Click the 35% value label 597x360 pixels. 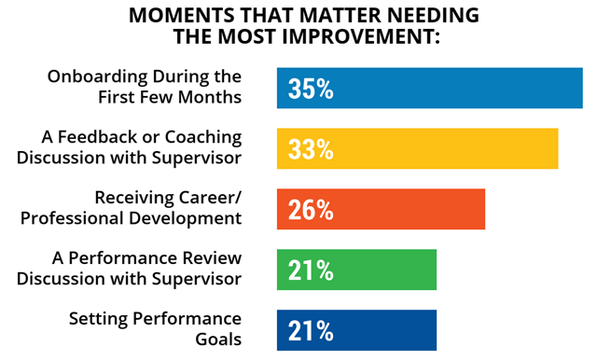pyautogui.click(x=311, y=90)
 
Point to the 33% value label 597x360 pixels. pyautogui.click(x=311, y=149)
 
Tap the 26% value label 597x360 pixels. pyautogui.click(x=311, y=210)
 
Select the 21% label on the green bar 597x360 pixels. pyautogui.click(x=311, y=270)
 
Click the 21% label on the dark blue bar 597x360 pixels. pyautogui.click(x=311, y=331)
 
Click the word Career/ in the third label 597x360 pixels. pyautogui.click(x=210, y=198)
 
